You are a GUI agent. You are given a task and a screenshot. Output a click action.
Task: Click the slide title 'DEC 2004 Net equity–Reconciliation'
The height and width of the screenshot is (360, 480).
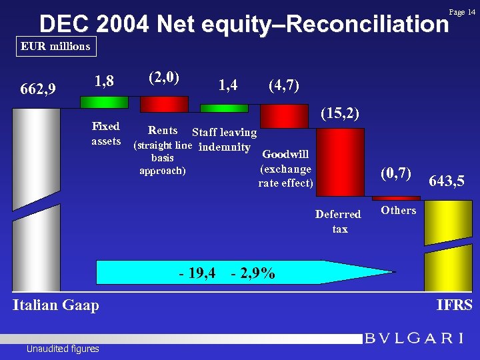pyautogui.click(x=243, y=24)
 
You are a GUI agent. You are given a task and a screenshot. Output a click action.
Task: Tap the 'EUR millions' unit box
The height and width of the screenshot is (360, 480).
pyautogui.click(x=55, y=47)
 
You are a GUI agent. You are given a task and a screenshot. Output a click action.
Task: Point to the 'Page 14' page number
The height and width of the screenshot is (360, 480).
pyautogui.click(x=462, y=12)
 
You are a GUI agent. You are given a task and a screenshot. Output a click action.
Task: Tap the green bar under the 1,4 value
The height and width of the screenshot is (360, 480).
pyautogui.click(x=224, y=108)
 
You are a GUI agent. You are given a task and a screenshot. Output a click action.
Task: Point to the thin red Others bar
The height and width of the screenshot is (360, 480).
pyautogui.click(x=396, y=198)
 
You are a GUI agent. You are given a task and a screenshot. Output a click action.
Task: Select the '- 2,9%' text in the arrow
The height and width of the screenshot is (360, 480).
pyautogui.click(x=253, y=273)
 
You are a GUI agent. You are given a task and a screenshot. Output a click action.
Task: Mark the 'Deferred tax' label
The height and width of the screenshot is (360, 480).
pyautogui.click(x=338, y=221)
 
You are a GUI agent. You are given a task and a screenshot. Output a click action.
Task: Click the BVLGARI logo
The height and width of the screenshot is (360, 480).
pyautogui.click(x=414, y=338)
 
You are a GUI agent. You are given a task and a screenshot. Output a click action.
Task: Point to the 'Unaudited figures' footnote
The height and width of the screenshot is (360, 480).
pyautogui.click(x=63, y=349)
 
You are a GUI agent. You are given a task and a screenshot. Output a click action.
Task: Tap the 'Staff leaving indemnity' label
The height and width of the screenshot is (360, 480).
pyautogui.click(x=224, y=140)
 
